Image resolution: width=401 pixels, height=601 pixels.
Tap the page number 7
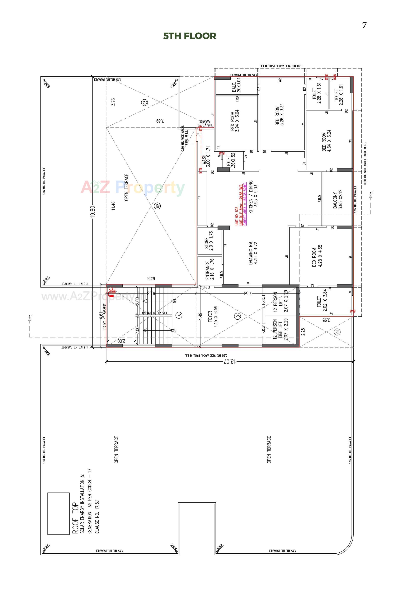(364, 25)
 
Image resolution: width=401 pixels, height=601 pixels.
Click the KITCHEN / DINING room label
(253, 194)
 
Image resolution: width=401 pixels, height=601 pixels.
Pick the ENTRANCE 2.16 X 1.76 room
(209, 268)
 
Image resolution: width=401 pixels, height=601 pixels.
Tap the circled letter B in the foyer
(238, 316)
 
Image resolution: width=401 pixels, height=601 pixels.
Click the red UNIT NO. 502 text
(237, 216)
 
